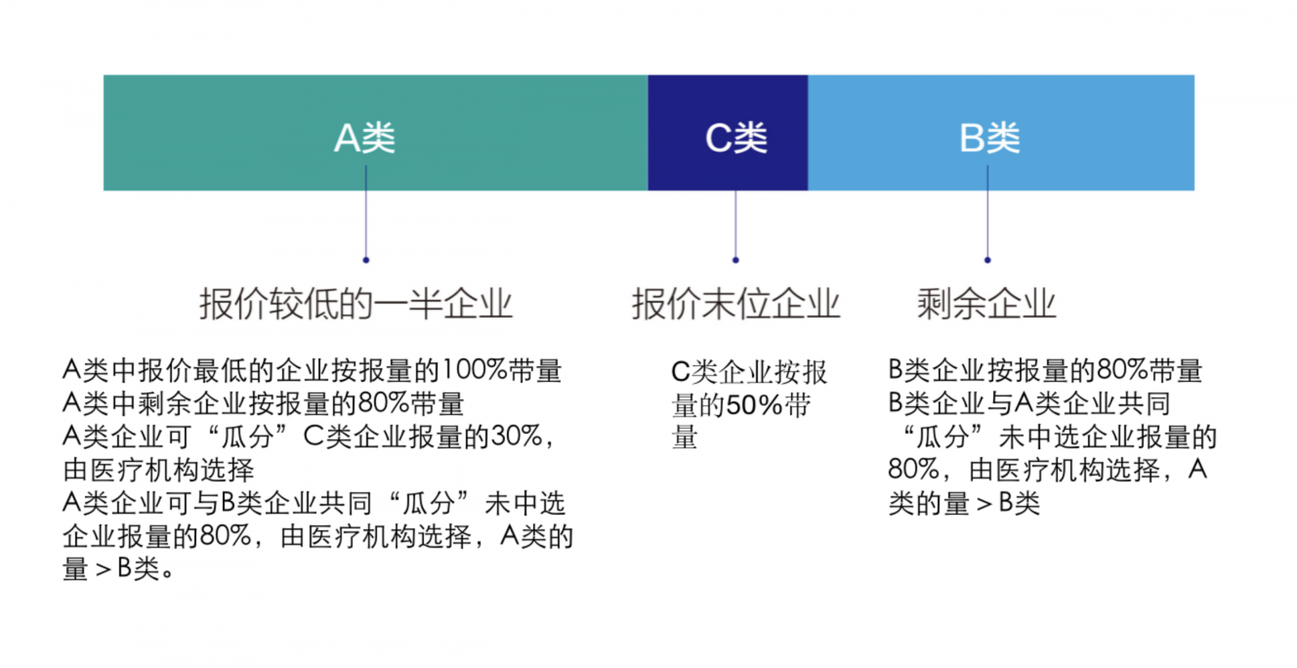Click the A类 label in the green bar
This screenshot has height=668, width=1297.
[365, 139]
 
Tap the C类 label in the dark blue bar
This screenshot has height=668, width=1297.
[736, 139]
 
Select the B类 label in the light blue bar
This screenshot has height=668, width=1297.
[990, 139]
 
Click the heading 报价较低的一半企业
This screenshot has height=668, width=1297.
[356, 304]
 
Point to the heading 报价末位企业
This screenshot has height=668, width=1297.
[736, 304]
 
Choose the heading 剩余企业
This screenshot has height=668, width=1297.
[987, 304]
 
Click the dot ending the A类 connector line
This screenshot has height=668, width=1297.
[366, 260]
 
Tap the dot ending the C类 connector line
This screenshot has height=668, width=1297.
[736, 260]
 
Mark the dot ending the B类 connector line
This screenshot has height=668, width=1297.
[988, 260]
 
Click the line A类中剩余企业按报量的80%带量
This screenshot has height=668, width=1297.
[263, 404]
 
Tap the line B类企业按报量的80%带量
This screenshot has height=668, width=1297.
[1046, 370]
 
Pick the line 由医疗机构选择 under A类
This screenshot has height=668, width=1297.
[159, 470]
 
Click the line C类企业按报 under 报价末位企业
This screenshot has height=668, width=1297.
[749, 372]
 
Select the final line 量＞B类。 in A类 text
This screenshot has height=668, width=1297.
[118, 570]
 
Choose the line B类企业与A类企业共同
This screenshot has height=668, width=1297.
[1029, 404]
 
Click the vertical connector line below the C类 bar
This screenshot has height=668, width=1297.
[736, 224]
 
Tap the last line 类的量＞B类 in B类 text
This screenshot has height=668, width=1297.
[964, 503]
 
